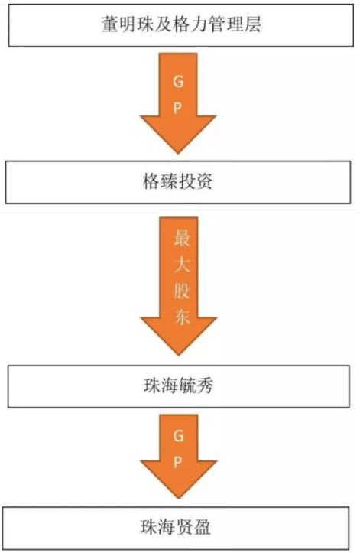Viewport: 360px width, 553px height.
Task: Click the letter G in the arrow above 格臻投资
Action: (178, 82)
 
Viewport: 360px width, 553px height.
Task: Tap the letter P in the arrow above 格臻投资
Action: (178, 108)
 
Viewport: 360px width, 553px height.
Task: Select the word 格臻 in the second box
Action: (160, 181)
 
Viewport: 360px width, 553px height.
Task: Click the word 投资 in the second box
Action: (196, 181)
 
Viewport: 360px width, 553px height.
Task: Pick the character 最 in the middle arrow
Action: (182, 237)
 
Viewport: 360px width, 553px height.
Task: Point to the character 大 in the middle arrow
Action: (182, 264)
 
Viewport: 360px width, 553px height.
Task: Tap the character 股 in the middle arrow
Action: (182, 290)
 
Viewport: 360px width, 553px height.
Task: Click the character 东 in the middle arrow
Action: (182, 317)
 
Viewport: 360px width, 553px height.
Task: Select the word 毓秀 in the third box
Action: (196, 385)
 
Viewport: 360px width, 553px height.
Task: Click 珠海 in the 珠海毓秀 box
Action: (161, 385)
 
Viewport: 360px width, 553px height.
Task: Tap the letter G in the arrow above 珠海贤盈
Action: (179, 436)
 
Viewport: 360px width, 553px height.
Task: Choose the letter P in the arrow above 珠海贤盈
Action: (178, 462)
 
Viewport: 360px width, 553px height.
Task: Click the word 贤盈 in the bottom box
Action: (193, 527)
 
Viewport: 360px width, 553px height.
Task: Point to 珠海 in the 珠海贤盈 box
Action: (157, 527)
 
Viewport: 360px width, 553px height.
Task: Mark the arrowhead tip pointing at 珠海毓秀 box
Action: (179, 355)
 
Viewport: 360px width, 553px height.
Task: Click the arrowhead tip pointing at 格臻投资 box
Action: (178, 154)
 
